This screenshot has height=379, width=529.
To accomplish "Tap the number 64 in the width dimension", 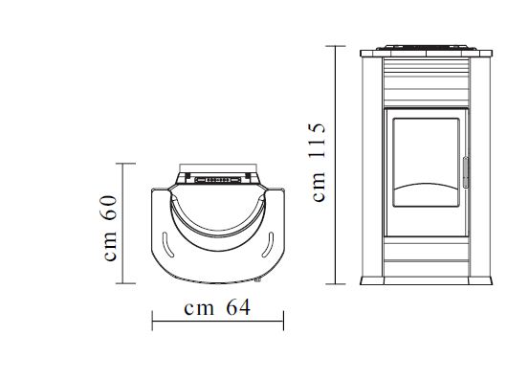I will point(238,308).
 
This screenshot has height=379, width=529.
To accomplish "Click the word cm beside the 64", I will point(199,309).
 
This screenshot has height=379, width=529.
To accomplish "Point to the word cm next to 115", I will point(319,188).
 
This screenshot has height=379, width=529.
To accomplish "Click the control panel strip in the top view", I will point(217,178).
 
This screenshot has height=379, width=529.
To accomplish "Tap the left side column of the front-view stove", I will point(371,167).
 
